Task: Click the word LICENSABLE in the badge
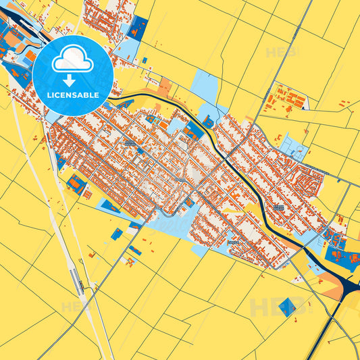[73, 95]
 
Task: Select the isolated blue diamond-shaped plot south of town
[287, 306]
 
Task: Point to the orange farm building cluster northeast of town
[286, 99]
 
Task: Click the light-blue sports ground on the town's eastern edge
[294, 145]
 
